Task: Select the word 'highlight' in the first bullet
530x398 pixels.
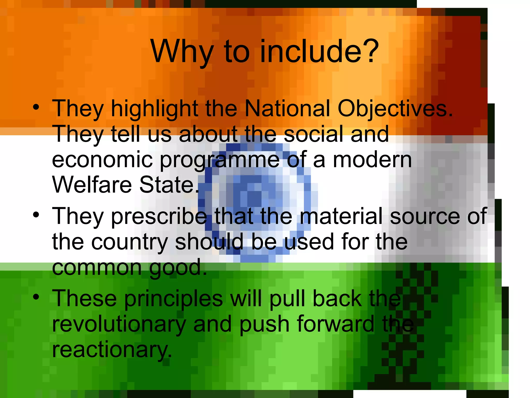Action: (x=154, y=109)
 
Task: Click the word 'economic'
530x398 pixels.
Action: (x=102, y=160)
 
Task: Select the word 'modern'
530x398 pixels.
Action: (x=372, y=160)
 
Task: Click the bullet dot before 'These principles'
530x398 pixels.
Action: (x=36, y=296)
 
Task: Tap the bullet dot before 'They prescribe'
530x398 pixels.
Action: (x=36, y=214)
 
